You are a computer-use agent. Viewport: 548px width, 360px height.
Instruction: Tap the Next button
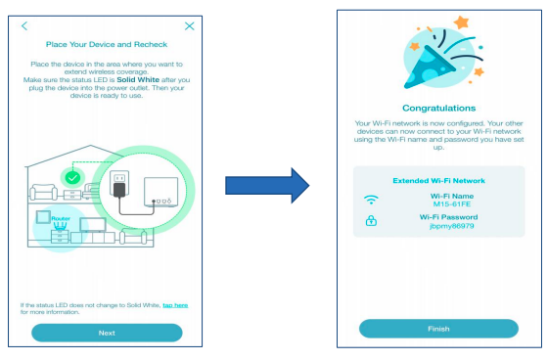[x=107, y=333]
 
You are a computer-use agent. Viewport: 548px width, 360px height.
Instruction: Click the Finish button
[x=438, y=329]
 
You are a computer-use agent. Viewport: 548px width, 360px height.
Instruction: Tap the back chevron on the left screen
[x=24, y=25]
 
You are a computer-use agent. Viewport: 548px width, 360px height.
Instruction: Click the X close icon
[x=190, y=25]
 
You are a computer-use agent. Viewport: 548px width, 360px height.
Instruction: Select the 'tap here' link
[x=175, y=305]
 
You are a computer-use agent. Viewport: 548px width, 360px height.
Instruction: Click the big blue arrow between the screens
[x=267, y=185]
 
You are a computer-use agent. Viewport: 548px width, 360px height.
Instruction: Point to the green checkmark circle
[x=72, y=178]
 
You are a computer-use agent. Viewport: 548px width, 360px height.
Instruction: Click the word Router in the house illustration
[x=61, y=218]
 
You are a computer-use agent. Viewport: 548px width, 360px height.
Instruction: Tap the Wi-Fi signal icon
[x=371, y=200]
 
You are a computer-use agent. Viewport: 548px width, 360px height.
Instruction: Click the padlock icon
[x=371, y=220]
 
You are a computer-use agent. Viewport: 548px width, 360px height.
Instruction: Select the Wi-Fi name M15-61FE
[x=452, y=204]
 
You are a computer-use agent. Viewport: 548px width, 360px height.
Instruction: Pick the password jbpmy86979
[x=452, y=226]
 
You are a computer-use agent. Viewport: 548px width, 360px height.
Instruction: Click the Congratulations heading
[x=439, y=108]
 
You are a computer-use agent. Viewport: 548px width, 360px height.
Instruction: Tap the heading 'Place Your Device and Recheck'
[x=107, y=44]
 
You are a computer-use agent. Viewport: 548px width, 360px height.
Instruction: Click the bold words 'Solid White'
[x=138, y=79]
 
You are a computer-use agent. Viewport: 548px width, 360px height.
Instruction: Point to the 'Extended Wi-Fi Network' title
[x=439, y=181]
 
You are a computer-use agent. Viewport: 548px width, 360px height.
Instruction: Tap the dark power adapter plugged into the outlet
[x=119, y=190]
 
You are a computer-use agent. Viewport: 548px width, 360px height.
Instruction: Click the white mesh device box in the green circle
[x=161, y=192]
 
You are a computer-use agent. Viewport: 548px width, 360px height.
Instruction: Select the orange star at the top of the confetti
[x=461, y=22]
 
